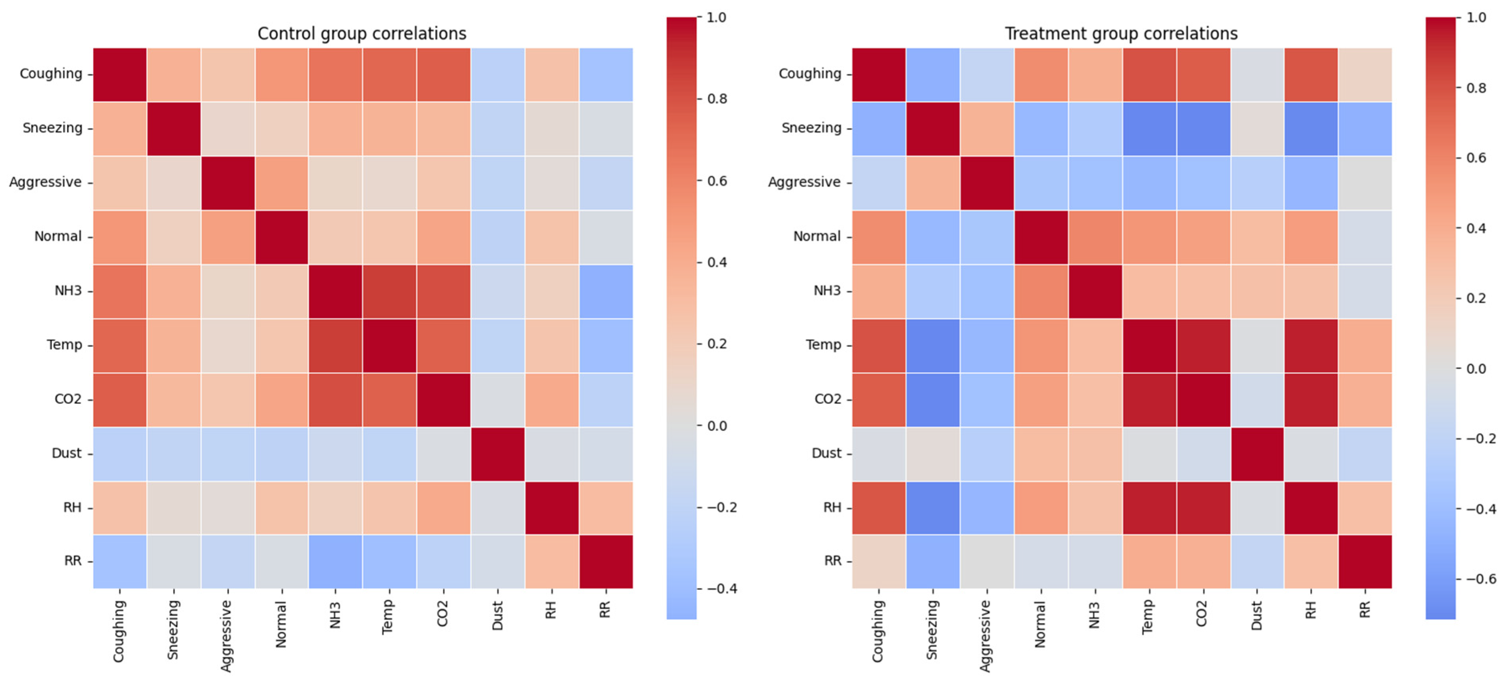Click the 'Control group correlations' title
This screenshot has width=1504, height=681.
point(362,33)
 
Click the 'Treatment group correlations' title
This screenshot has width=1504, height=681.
point(1121,33)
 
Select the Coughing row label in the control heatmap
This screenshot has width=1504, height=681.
point(51,74)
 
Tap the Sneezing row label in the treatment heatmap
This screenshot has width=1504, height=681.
point(811,128)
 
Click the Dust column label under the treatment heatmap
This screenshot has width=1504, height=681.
point(1257,616)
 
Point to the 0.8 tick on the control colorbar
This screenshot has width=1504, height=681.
point(717,99)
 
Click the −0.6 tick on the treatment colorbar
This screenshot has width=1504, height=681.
point(1481,579)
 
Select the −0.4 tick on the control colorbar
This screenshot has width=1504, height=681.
point(721,588)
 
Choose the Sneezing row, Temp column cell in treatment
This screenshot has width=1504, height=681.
point(1149,129)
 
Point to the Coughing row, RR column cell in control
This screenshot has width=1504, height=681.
point(606,75)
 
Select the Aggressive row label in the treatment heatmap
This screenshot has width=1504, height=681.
point(804,182)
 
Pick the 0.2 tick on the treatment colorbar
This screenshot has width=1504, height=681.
point(1476,298)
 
